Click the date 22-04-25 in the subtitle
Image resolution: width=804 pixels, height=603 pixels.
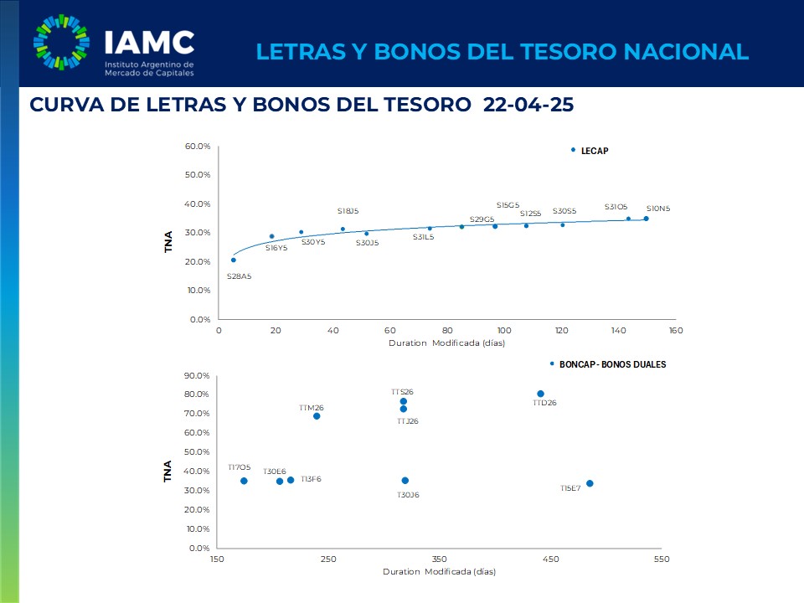pos(528,105)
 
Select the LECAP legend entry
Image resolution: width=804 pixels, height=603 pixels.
pos(594,151)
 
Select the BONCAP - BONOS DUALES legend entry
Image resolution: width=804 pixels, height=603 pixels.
pos(611,364)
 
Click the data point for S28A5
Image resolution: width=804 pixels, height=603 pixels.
pos(234,260)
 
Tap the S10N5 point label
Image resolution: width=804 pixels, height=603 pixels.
pos(657,209)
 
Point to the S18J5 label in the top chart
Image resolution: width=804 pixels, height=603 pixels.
pos(348,211)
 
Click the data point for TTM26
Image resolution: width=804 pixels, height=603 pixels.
pos(317,416)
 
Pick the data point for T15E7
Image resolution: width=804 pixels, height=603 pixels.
pos(590,483)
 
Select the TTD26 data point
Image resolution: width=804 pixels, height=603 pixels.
pos(540,394)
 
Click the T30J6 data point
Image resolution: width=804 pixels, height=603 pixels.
pos(405,481)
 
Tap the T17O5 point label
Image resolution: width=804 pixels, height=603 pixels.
pos(239,467)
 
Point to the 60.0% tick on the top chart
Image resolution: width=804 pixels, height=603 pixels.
pos(198,147)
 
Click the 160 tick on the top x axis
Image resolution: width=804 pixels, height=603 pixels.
pos(676,330)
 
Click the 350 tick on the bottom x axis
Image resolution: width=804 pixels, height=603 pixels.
pos(439,559)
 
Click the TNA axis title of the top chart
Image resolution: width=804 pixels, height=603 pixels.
pos(168,241)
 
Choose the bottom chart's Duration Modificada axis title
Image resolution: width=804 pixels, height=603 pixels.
pos(439,572)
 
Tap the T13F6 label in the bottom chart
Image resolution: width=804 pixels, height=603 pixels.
pos(310,479)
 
